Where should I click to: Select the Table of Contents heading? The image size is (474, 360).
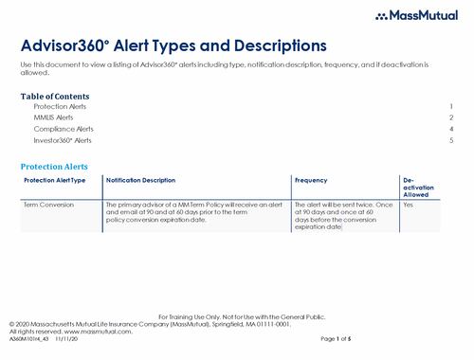pyautogui.click(x=55, y=97)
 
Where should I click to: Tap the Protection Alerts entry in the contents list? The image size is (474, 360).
pyautogui.click(x=60, y=107)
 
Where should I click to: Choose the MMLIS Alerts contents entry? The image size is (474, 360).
pyautogui.click(x=53, y=117)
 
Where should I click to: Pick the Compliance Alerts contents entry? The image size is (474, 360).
pyautogui.click(x=64, y=129)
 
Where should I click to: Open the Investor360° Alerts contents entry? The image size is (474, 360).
pyautogui.click(x=63, y=140)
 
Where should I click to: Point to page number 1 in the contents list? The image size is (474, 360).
pyautogui.click(x=452, y=107)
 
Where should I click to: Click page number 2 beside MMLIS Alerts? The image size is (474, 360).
pyautogui.click(x=452, y=117)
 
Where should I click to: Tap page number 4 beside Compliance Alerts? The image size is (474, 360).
pyautogui.click(x=452, y=129)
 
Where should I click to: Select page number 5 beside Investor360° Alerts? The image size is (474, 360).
pyautogui.click(x=452, y=140)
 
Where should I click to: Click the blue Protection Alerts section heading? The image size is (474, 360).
pyautogui.click(x=59, y=166)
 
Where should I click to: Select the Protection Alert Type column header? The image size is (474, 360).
pyautogui.click(x=55, y=180)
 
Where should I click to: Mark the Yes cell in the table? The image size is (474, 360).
pyautogui.click(x=409, y=205)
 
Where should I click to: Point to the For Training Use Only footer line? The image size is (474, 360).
pyautogui.click(x=236, y=315)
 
